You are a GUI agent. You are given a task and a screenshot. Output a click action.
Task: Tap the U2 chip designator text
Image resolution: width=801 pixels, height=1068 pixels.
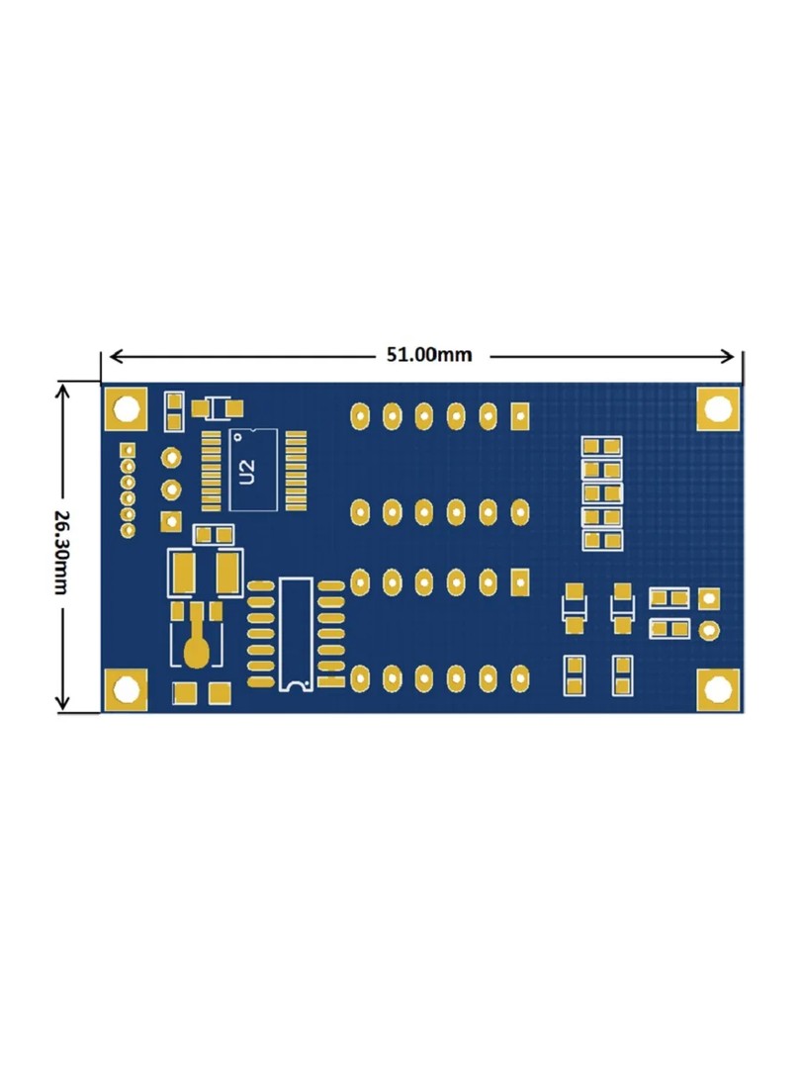pos(247,471)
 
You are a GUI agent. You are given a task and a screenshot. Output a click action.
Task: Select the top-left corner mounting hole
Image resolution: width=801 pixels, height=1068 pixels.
pos(126,408)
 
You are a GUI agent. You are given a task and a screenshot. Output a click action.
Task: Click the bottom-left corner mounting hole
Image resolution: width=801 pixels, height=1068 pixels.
pos(126,689)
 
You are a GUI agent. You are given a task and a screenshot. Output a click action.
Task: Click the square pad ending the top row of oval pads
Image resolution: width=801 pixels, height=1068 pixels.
pos(519,416)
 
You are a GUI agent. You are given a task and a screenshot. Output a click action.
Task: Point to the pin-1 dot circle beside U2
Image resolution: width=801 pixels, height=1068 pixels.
pos(238,435)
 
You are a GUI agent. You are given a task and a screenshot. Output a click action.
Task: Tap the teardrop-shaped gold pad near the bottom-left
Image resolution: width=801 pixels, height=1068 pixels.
pos(195,651)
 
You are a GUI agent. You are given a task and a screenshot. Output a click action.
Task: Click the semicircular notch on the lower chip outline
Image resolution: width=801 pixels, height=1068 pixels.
pos(295,683)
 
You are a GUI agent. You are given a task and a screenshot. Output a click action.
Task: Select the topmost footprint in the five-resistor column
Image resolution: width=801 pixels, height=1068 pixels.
pos(602,447)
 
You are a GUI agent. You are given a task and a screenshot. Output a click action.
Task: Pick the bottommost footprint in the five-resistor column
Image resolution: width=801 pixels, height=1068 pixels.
pos(602,540)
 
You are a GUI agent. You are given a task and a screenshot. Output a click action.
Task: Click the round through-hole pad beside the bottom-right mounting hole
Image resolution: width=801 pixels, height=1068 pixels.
pos(708,629)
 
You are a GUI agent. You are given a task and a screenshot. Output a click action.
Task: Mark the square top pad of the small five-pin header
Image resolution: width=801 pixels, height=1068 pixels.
pos(127,451)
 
